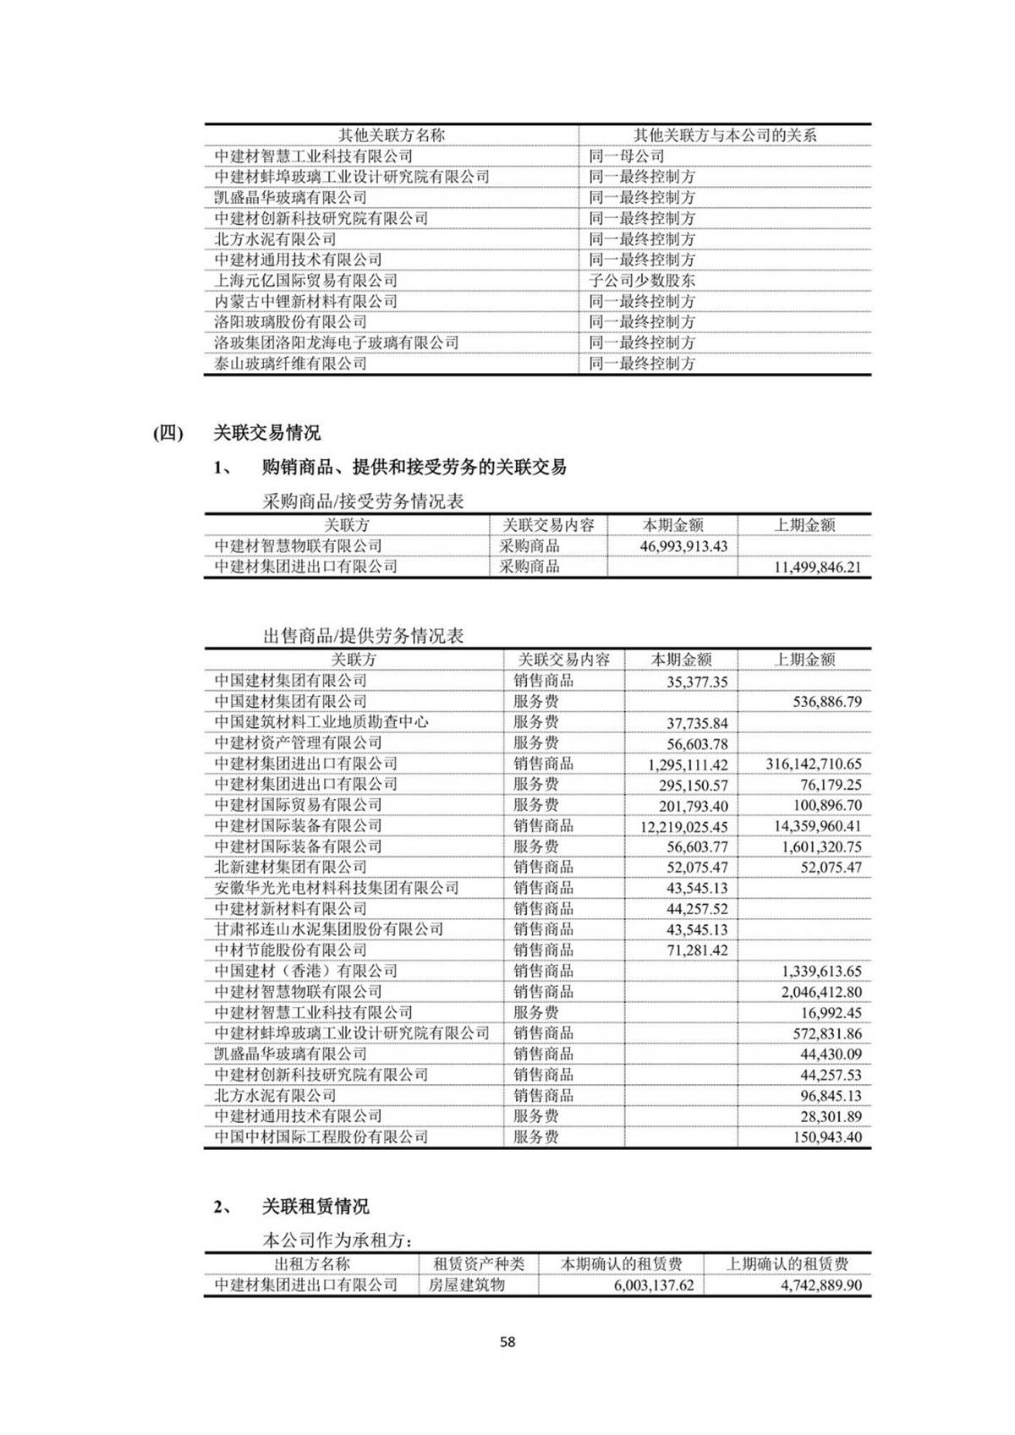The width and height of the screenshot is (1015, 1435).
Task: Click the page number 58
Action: tap(507, 1341)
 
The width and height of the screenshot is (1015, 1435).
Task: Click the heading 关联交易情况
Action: tap(266, 433)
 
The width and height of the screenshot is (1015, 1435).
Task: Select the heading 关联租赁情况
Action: tap(315, 1207)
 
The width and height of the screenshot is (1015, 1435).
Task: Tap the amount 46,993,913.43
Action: tap(683, 546)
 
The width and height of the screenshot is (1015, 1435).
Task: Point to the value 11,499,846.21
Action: tap(817, 567)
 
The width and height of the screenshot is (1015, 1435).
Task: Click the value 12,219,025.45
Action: tap(683, 827)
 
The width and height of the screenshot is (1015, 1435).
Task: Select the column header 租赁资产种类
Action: tap(479, 1264)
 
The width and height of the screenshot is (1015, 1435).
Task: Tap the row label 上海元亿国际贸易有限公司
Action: tap(305, 281)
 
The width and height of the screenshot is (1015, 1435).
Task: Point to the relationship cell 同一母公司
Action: tap(627, 156)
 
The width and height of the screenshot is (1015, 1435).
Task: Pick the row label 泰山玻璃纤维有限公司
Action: tap(290, 364)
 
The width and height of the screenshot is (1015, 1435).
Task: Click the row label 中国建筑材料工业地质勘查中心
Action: tap(321, 722)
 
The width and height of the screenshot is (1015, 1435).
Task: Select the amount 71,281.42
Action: tap(697, 950)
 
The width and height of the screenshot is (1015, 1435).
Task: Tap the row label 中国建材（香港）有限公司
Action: tap(305, 971)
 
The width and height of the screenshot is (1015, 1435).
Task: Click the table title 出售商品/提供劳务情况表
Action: tap(363, 636)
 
